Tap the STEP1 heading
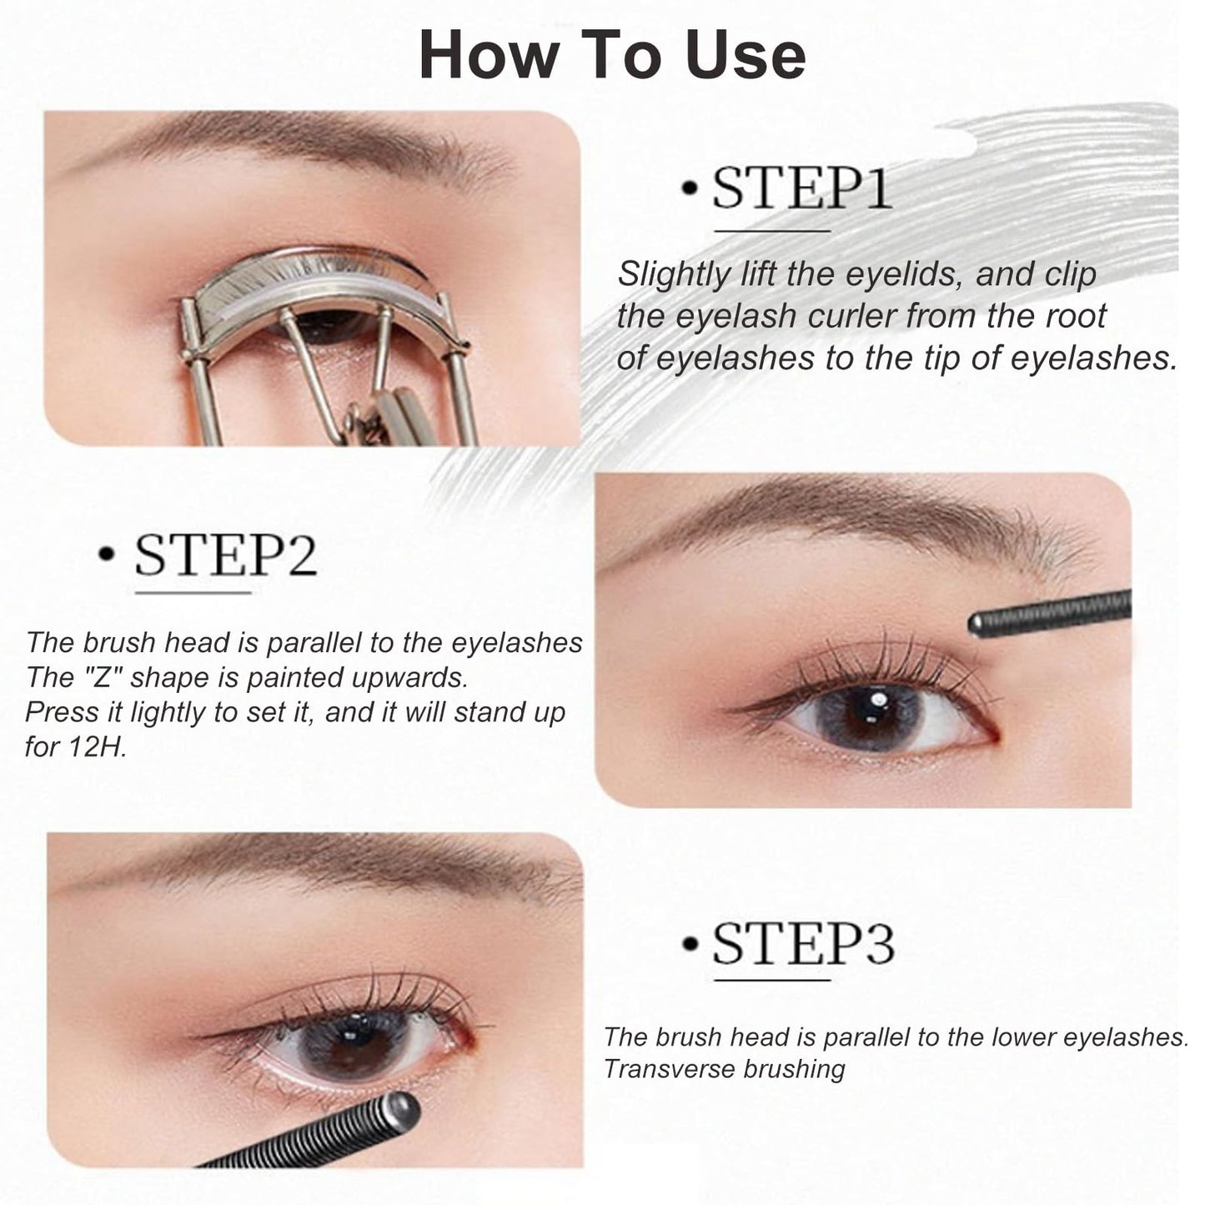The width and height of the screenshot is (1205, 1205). [x=801, y=188]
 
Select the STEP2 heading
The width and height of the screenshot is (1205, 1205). [x=225, y=555]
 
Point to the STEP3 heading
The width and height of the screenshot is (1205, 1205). [x=802, y=944]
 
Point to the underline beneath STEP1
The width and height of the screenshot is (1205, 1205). [x=772, y=231]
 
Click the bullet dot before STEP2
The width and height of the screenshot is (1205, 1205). [x=106, y=554]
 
